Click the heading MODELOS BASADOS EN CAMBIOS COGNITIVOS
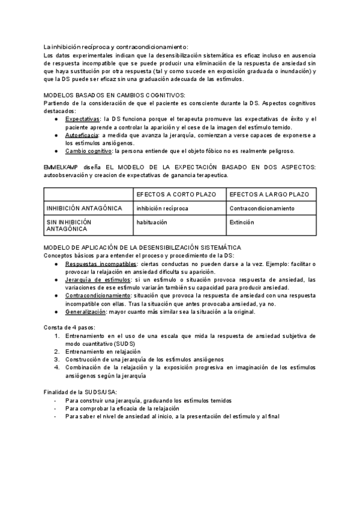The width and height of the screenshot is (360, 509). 115,95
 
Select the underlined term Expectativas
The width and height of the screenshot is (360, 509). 83,119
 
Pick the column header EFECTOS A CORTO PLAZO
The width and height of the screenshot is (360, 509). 177,195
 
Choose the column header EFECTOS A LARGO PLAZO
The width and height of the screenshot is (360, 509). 269,195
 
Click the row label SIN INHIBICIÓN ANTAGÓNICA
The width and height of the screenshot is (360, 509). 69,226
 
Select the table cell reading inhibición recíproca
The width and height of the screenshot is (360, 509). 162,208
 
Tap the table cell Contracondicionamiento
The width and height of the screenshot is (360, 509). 262,208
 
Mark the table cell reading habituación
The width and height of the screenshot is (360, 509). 152,222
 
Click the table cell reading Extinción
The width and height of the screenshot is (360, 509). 242,222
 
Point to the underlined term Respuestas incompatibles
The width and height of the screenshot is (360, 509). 101,264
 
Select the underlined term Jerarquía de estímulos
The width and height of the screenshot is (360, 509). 97,280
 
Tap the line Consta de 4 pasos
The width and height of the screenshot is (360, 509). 70,327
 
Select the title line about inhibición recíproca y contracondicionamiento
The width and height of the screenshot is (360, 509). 116,47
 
